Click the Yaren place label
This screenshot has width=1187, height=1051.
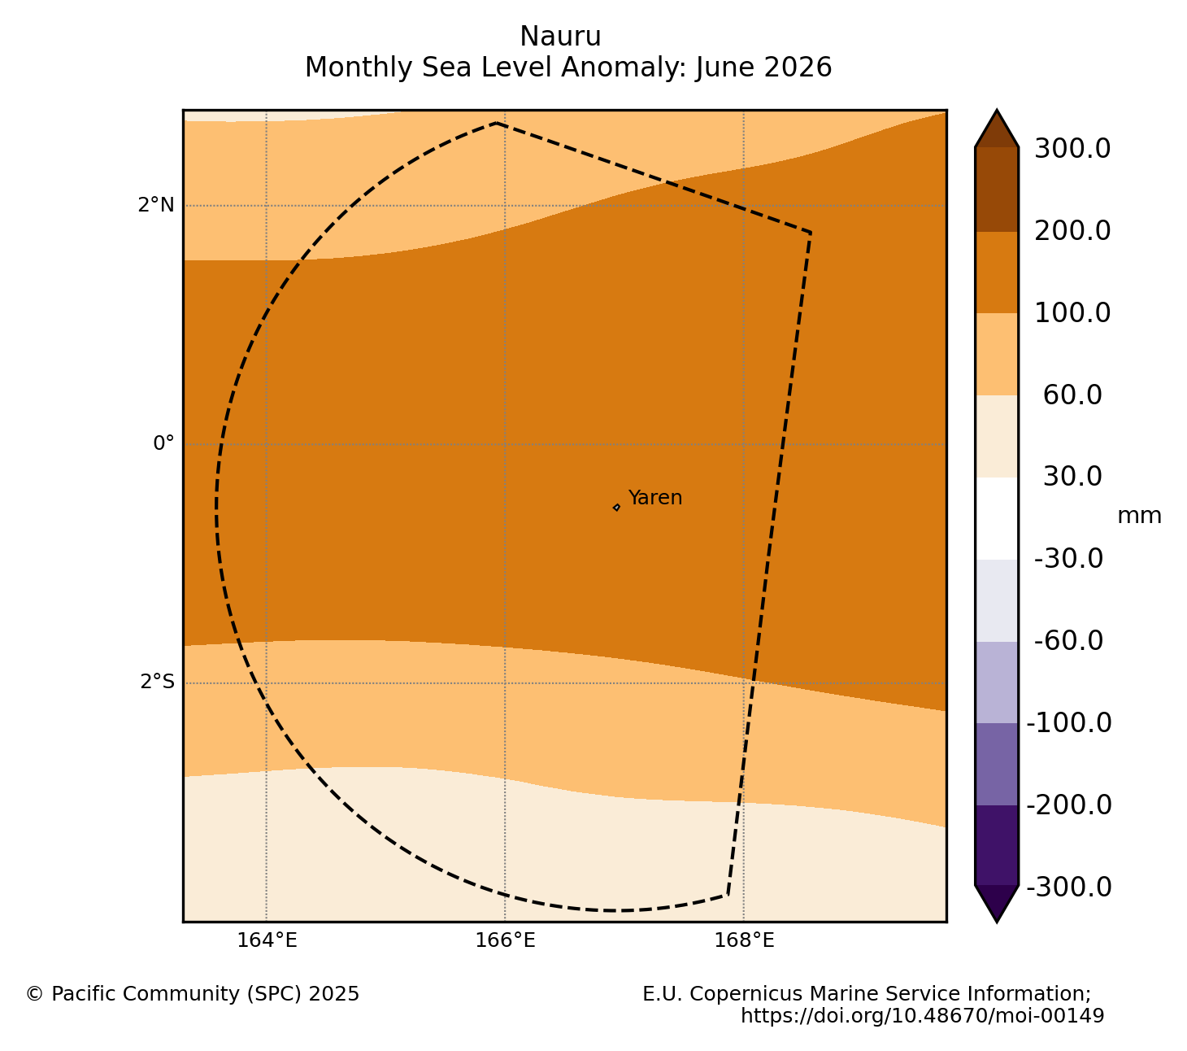pyautogui.click(x=654, y=498)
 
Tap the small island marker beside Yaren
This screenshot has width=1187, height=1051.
pyautogui.click(x=616, y=508)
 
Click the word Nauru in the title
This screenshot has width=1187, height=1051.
pyautogui.click(x=560, y=37)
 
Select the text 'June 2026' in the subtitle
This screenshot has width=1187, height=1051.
pyautogui.click(x=763, y=67)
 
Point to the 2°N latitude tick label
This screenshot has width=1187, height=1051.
pyautogui.click(x=156, y=205)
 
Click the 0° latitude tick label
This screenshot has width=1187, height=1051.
pyautogui.click(x=163, y=443)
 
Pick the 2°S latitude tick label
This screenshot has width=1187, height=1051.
pyautogui.click(x=157, y=682)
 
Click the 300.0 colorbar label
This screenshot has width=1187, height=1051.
pyautogui.click(x=1072, y=148)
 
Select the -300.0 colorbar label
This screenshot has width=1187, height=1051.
pyautogui.click(x=1068, y=887)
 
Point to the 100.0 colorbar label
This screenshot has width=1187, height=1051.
pyautogui.click(x=1072, y=312)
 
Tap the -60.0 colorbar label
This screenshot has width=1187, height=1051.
pyautogui.click(x=1068, y=640)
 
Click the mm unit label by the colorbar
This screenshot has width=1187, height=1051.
pyautogui.click(x=1139, y=516)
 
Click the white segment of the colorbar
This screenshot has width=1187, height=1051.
pyautogui.click(x=997, y=519)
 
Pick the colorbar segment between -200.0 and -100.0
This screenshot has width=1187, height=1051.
pyautogui.click(x=997, y=765)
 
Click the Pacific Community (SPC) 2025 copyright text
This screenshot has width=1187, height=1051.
pyautogui.click(x=192, y=994)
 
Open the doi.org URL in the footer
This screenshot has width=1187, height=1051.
pyautogui.click(x=922, y=1016)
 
